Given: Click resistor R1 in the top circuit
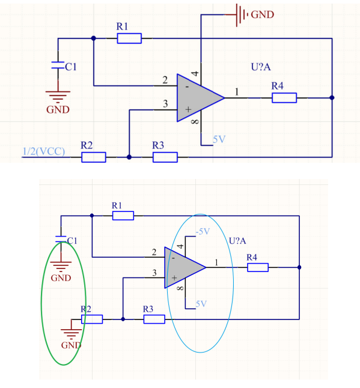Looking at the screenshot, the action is [129, 38].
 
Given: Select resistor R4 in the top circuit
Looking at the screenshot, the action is [284, 98].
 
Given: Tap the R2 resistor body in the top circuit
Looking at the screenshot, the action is [94, 157].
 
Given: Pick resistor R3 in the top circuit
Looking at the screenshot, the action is [165, 157].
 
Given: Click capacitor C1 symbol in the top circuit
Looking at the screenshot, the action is [58, 65].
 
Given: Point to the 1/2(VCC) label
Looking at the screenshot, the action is [44, 151].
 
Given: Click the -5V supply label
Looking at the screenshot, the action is [203, 232].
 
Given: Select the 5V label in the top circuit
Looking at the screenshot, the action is [219, 139].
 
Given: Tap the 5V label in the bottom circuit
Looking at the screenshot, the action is [201, 304].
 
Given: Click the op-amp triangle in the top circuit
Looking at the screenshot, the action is [198, 98].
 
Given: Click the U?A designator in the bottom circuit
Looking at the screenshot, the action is [237, 241].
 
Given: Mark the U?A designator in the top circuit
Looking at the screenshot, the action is [261, 67].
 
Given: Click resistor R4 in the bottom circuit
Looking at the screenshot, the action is [258, 267].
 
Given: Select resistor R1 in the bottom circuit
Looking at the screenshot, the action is [123, 216].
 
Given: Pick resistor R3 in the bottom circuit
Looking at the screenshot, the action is [154, 319].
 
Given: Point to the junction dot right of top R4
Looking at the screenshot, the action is [332, 98].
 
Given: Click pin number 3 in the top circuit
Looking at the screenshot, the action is [165, 104].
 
